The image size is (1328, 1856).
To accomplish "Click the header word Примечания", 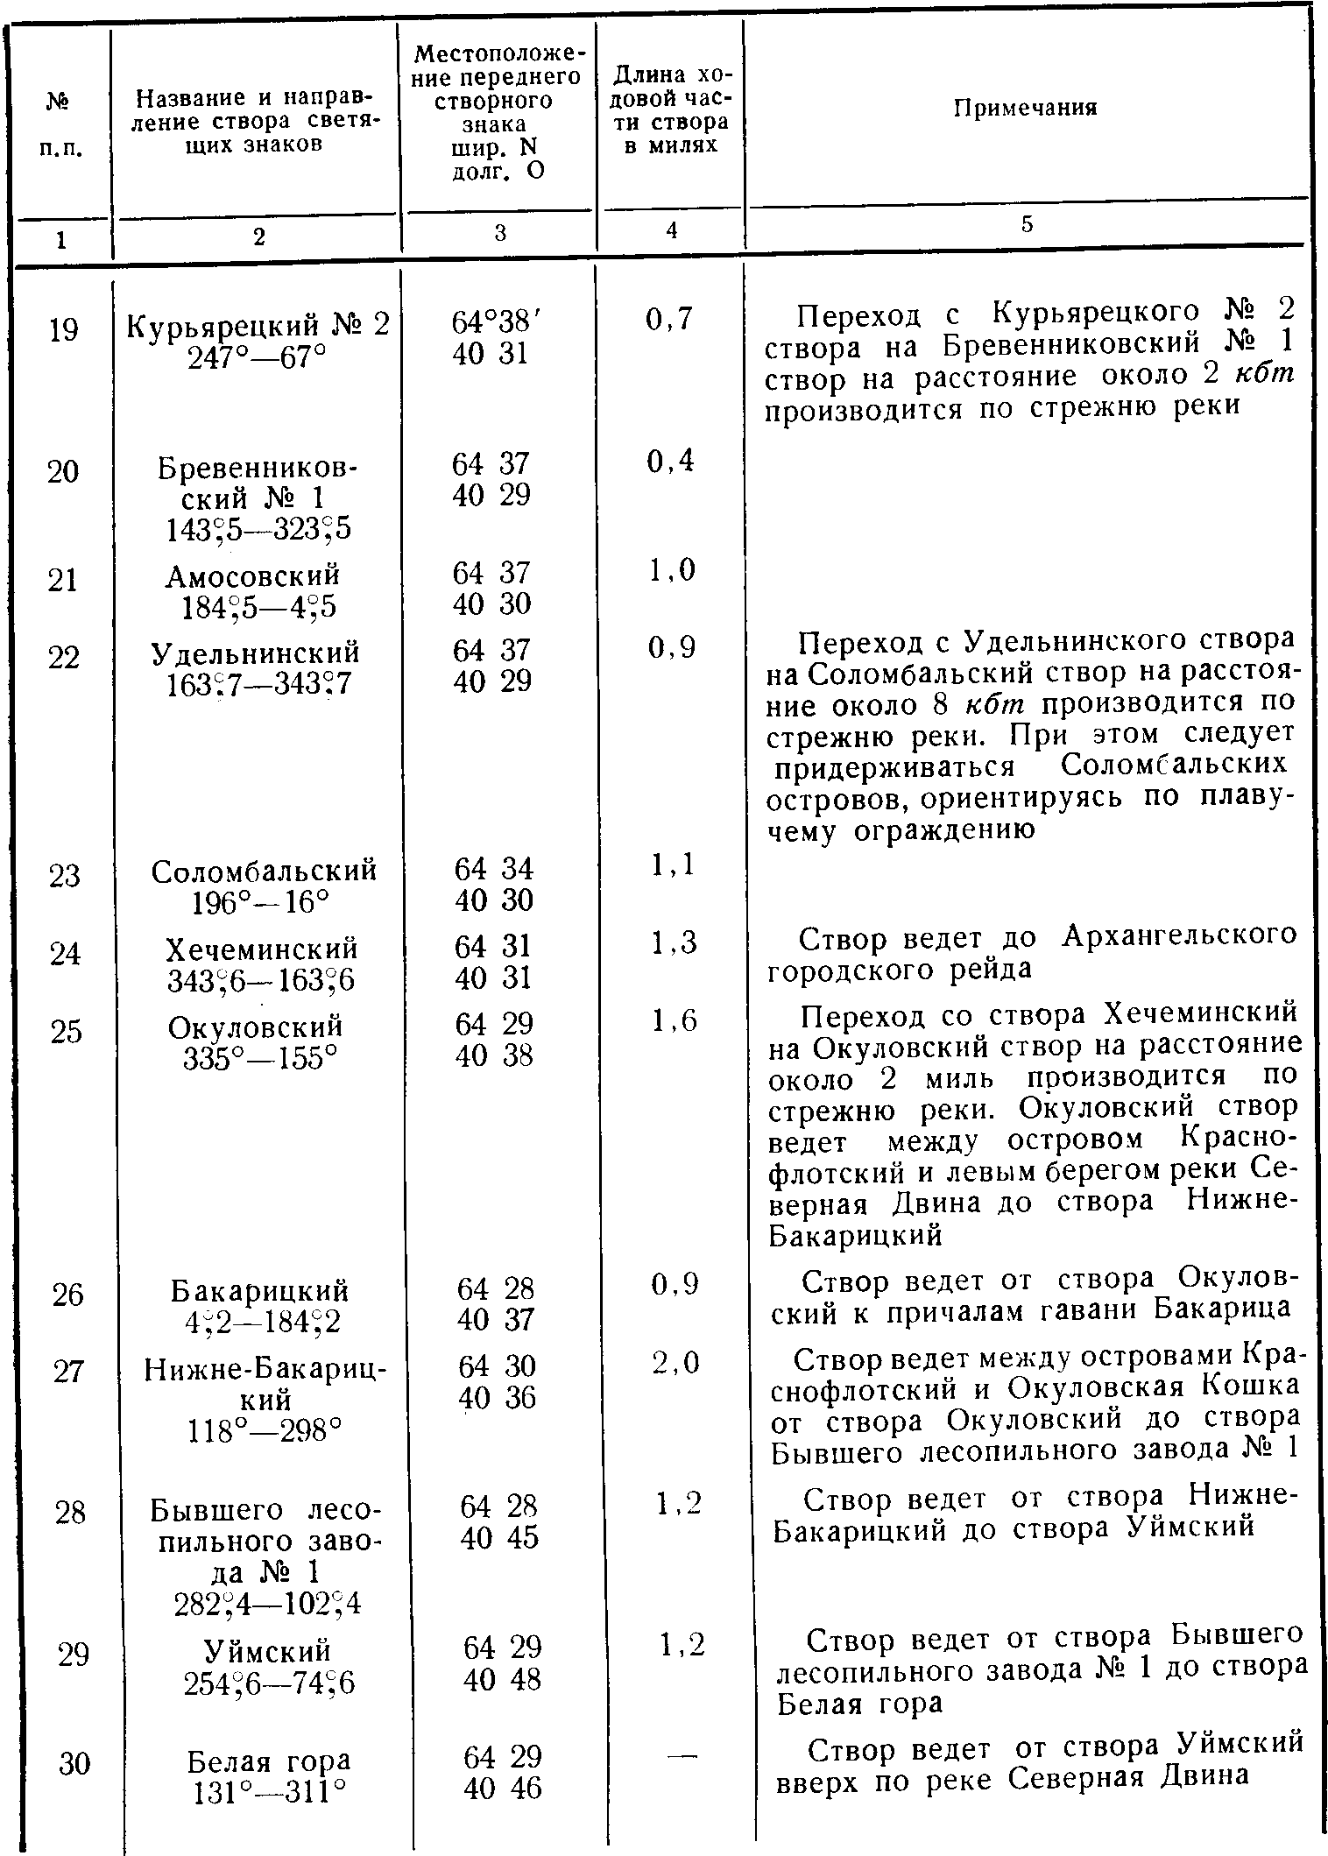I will [1025, 108].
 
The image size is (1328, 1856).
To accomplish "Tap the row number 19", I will [63, 330].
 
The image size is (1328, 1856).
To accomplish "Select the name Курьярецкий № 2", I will [258, 327].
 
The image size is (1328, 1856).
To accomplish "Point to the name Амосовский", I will [253, 575].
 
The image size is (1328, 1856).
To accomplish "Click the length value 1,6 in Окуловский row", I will [675, 1020].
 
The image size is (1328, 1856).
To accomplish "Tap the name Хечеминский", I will [262, 949].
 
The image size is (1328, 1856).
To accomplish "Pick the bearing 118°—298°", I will [264, 1430].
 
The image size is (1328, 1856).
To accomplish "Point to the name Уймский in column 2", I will [267, 1650].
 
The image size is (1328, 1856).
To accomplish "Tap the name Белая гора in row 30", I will [268, 1761].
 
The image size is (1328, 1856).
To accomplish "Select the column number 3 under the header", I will [498, 232].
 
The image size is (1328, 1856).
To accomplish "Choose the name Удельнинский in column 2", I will [256, 653].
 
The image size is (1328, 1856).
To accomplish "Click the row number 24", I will [66, 953].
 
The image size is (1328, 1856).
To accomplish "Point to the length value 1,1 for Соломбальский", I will [673, 865].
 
